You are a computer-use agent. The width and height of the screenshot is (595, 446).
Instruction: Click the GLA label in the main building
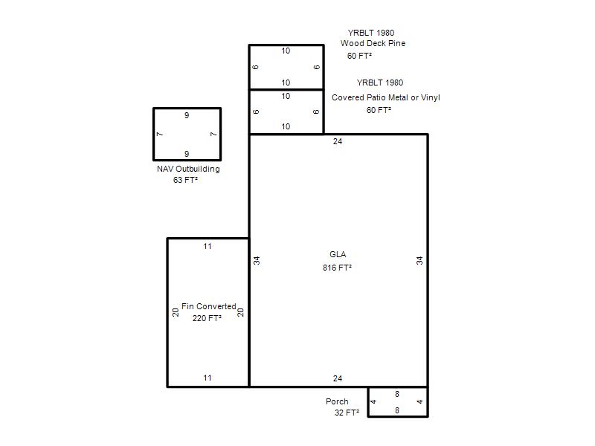338,254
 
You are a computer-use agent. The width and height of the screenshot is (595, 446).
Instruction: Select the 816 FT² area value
337,268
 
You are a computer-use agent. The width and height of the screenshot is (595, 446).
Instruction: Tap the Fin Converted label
209,306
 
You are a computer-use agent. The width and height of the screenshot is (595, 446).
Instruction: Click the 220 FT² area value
207,318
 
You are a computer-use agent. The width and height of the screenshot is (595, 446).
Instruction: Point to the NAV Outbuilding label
188,169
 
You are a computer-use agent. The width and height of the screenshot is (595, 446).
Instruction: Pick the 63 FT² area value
185,180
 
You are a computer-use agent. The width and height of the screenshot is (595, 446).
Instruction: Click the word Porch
337,401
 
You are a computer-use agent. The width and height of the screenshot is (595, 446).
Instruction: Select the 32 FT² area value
347,413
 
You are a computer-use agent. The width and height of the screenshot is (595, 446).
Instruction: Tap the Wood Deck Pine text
373,43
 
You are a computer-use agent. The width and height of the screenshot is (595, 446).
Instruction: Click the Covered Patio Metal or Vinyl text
385,97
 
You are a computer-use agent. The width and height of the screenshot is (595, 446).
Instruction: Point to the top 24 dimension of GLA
338,141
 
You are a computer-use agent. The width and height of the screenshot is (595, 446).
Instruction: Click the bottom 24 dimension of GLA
338,378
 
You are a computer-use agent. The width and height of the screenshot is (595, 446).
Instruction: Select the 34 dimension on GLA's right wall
419,261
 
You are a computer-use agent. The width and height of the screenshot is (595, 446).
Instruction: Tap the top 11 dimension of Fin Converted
208,247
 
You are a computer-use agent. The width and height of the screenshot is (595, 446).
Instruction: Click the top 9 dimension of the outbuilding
187,115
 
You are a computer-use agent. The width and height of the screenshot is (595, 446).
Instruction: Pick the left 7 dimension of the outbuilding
160,135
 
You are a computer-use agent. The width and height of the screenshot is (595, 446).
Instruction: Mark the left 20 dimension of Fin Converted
176,312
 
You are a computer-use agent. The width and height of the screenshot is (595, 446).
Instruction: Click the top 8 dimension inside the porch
397,394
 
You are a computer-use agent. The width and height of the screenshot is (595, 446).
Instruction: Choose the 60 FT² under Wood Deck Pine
359,56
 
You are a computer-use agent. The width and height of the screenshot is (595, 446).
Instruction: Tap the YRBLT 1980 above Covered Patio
380,83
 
